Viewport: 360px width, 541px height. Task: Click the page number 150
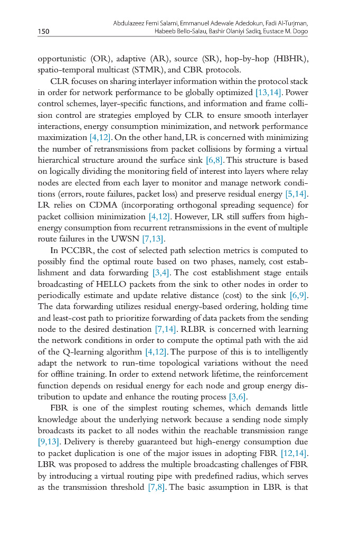pyautogui.click(x=43, y=32)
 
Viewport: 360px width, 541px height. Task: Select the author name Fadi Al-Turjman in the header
pyautogui.click(x=286, y=24)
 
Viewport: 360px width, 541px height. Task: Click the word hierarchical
pyautogui.click(x=60, y=160)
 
